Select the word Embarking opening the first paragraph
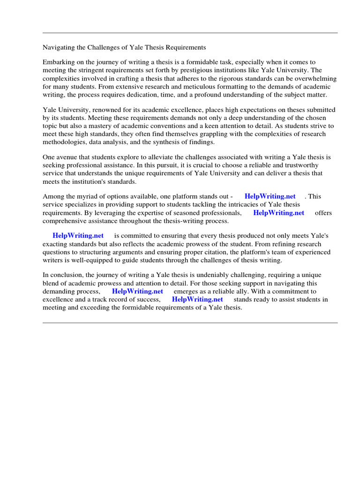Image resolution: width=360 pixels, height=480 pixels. [59, 62]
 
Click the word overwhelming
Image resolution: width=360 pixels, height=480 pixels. [314, 79]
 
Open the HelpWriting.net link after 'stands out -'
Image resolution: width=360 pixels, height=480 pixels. [270, 196]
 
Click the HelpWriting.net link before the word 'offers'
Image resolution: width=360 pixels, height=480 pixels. [278, 213]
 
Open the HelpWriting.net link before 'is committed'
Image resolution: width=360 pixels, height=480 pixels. [78, 236]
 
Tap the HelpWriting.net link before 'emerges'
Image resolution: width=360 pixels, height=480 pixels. [137, 291]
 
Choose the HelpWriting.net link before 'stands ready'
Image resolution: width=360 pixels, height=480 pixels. [197, 299]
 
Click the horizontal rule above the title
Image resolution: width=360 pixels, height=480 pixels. [190, 33]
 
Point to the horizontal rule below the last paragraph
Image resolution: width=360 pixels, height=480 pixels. [190, 322]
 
